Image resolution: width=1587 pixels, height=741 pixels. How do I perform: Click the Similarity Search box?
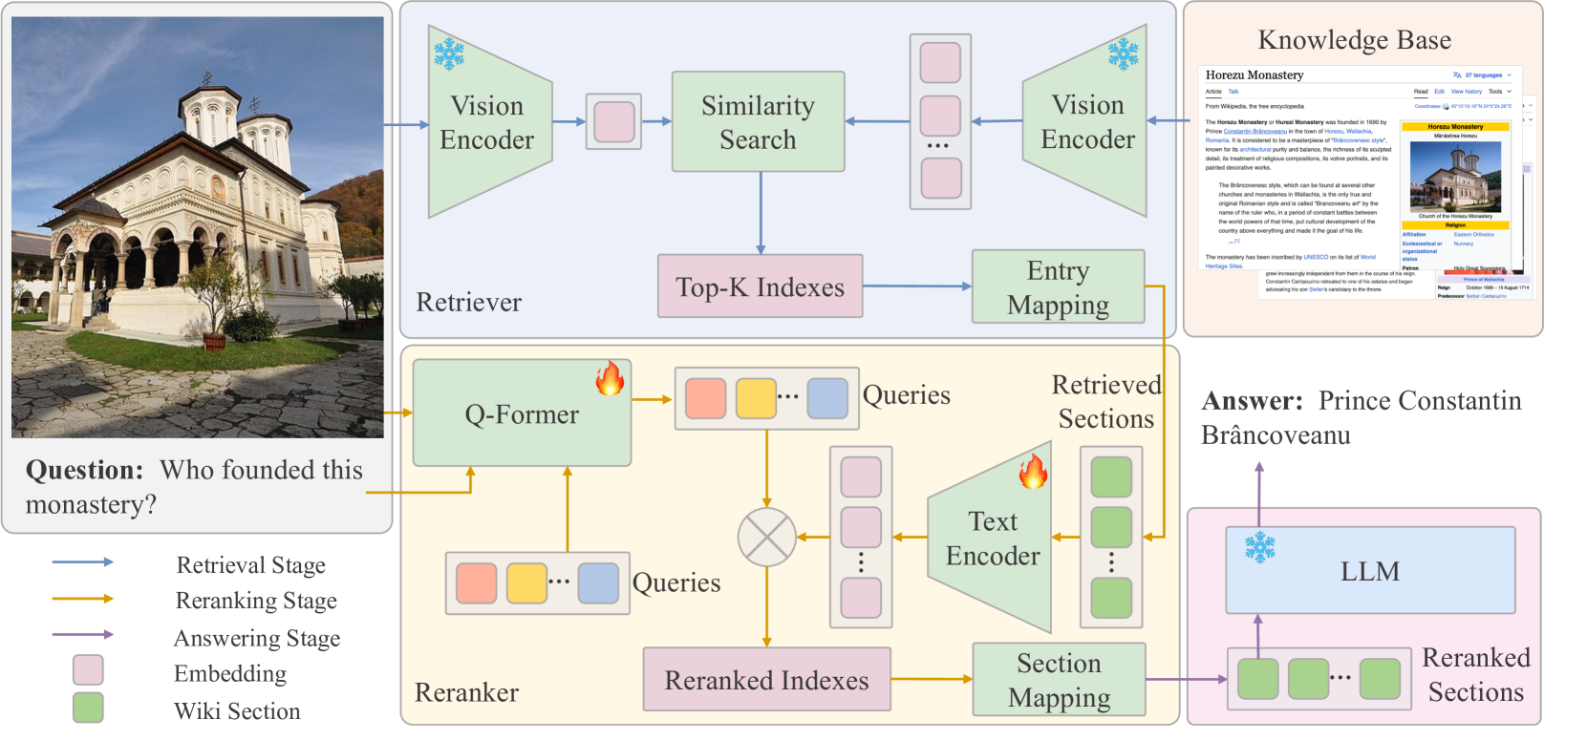758,121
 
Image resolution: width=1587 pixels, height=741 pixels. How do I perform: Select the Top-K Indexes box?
760,286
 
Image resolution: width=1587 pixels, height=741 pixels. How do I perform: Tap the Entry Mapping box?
1058,287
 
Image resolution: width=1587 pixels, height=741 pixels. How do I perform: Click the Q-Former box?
522,413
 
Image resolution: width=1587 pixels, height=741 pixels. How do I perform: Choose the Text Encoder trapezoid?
992,538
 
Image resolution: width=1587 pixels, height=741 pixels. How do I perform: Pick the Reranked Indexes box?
766,680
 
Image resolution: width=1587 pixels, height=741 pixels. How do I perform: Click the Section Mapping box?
1059,680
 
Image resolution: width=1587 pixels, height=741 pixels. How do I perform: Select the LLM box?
1370,571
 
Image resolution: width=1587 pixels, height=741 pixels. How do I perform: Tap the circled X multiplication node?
766,537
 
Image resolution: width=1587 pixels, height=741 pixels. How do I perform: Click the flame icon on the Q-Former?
610,378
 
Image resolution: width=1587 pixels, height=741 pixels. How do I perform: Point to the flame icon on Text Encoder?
1033,471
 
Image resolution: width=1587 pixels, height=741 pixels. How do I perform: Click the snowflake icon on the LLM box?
1260,547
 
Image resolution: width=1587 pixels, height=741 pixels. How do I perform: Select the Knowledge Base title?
1354,40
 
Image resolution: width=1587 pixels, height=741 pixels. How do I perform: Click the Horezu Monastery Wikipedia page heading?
1254,75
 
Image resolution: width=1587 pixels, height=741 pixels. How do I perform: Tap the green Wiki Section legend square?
88,709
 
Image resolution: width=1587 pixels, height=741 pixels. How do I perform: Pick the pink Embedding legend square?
88,670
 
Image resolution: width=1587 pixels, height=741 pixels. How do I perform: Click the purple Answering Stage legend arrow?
83,635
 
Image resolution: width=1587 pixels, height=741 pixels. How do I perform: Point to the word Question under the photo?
84,470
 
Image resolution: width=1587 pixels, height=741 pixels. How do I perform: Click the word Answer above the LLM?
1252,401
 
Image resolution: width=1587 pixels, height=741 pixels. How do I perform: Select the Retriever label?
468,303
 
